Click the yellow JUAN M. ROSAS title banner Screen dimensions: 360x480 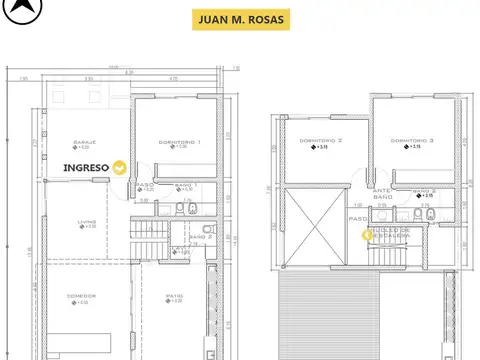coord(240,20)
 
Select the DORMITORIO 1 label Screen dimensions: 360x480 coord(180,142)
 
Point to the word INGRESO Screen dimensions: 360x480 coord(86,168)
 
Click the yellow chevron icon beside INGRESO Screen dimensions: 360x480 coord(120,168)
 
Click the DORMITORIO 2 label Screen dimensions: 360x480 coord(320,141)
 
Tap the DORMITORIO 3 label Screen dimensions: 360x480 coord(412,141)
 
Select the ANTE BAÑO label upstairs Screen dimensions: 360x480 coord(382,194)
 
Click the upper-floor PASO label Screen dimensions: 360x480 coord(356,217)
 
